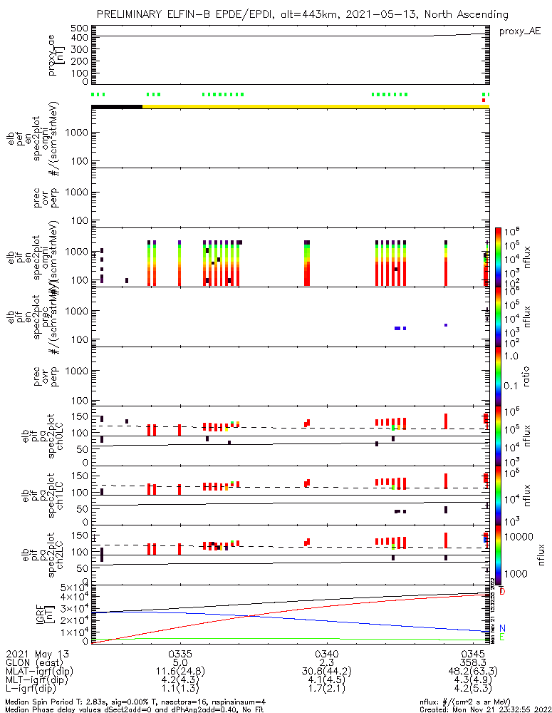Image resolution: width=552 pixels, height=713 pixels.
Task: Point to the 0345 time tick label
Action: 474,653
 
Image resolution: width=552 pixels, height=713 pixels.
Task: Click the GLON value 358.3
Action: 474,662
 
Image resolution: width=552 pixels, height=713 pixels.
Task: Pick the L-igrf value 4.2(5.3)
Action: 474,690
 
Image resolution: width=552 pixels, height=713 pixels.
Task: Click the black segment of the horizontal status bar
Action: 117,106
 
